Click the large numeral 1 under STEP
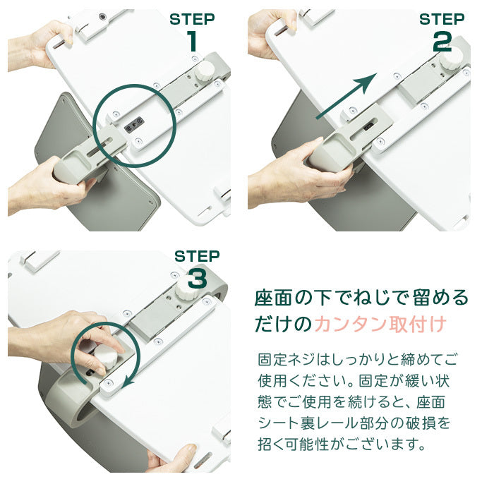pos(193,41)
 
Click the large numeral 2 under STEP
pos(442,42)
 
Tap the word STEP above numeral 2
pos(442,19)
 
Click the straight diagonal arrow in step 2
pos(347,95)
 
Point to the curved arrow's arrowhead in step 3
pos(128,382)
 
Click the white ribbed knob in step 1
pos(204,71)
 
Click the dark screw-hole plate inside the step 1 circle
pos(133,124)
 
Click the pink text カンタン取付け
pos(380,324)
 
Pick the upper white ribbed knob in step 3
pos(187,289)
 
